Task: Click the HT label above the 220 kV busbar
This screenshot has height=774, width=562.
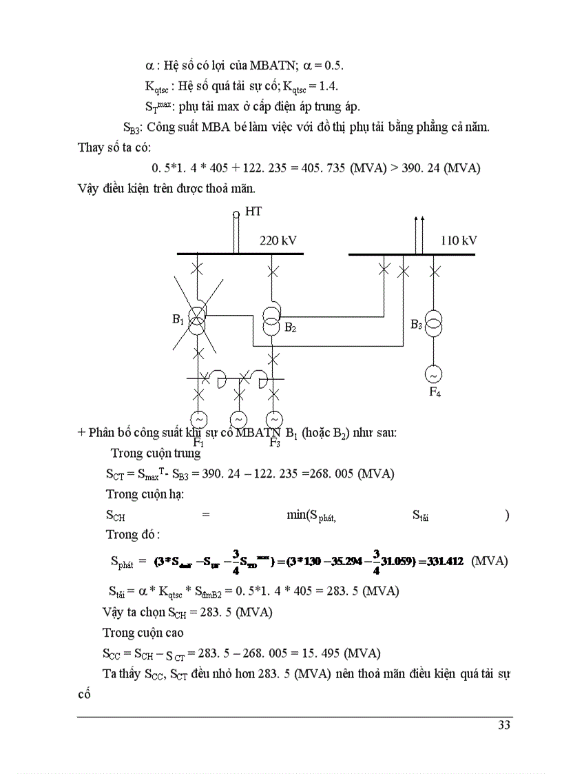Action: [x=253, y=212]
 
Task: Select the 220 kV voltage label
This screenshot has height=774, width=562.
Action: [x=278, y=241]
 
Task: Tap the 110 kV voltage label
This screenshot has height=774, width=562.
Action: [x=459, y=241]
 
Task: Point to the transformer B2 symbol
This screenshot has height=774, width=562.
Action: [x=273, y=319]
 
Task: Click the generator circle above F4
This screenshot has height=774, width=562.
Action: [x=435, y=375]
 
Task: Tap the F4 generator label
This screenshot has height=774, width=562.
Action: [x=435, y=393]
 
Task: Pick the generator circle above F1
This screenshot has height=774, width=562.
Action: [x=198, y=420]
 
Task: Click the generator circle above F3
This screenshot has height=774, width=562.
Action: [x=274, y=420]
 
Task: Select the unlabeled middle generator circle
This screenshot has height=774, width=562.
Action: [x=238, y=420]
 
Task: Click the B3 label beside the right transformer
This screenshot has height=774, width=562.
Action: [x=416, y=324]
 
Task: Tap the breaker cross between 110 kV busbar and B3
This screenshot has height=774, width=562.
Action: [x=435, y=271]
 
